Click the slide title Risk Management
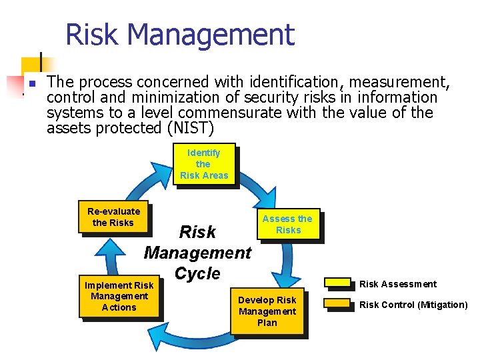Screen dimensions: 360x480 click(179, 35)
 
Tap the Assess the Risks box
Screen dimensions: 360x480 click(288, 224)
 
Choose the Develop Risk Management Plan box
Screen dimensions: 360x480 click(267, 311)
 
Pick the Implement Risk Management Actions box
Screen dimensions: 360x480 click(119, 296)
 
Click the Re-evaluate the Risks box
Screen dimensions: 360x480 click(113, 217)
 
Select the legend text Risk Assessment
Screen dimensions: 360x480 click(398, 284)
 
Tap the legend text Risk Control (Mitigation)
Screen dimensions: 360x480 click(413, 305)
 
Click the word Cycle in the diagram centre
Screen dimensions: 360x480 click(197, 273)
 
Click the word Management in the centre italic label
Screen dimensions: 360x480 click(197, 253)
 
